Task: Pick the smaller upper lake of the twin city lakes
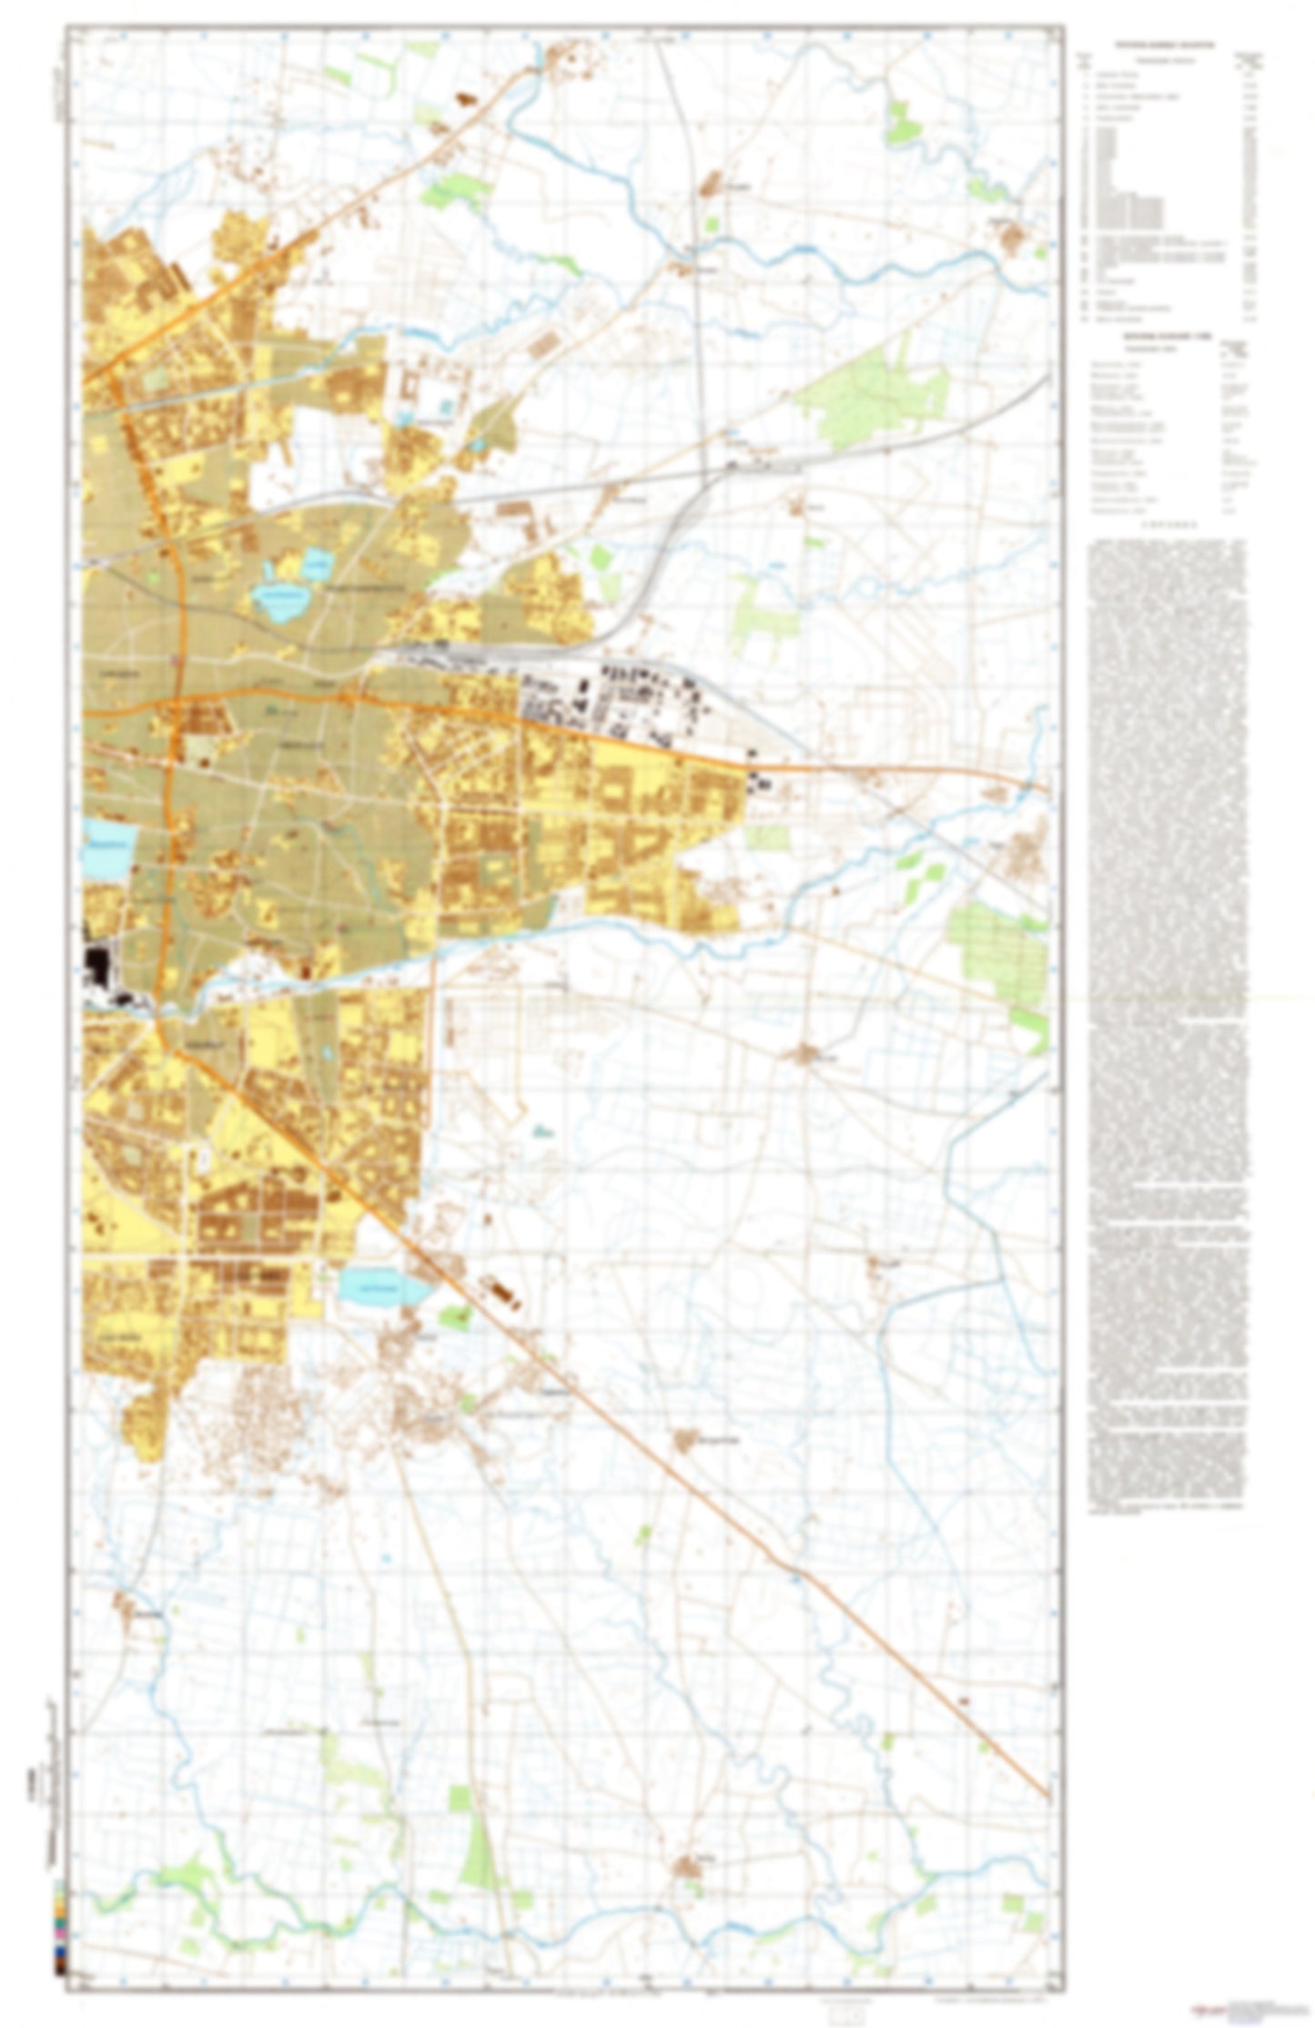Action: coord(316,563)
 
